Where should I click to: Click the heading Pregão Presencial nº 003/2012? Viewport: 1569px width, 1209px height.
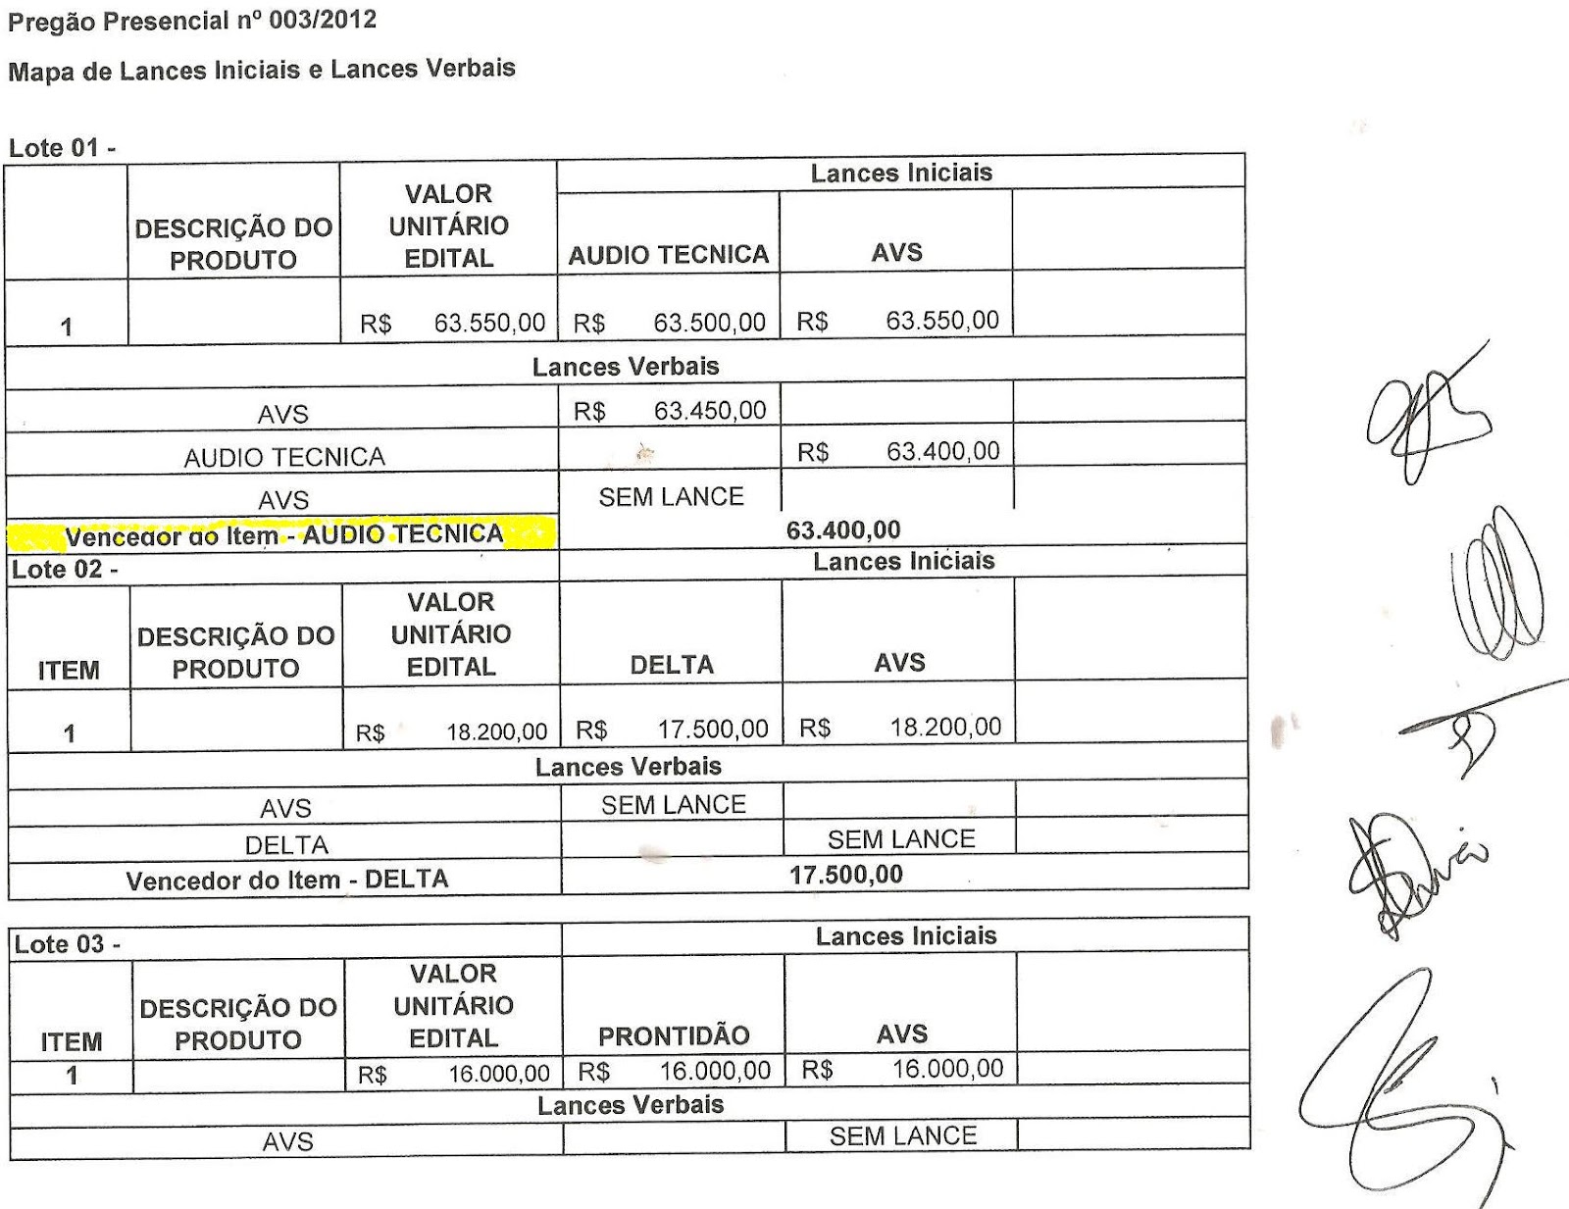[x=192, y=21]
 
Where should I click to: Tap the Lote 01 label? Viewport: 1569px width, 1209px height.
[x=62, y=149]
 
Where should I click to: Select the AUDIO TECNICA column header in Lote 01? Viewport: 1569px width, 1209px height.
[x=668, y=255]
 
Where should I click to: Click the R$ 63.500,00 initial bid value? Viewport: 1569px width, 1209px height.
[x=670, y=323]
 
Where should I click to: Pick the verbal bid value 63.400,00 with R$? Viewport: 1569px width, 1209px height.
[x=898, y=452]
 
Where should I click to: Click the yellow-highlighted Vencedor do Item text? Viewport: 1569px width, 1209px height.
[x=282, y=535]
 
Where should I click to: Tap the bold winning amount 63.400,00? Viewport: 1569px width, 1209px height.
[x=843, y=530]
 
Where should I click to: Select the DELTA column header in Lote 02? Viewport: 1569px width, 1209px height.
[x=672, y=665]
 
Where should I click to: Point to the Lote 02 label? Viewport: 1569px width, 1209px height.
[x=64, y=570]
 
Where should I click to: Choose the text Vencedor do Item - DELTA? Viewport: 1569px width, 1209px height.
[x=286, y=880]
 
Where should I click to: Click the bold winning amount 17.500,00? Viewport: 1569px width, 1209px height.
[x=846, y=875]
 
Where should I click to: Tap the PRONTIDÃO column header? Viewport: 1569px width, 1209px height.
[x=674, y=1035]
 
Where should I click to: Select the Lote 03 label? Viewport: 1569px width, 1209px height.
[x=67, y=944]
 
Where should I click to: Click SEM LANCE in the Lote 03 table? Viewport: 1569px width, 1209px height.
[x=902, y=1136]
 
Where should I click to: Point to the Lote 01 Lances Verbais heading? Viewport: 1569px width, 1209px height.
[x=626, y=367]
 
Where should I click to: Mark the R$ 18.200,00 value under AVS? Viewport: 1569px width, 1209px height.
[x=900, y=728]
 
